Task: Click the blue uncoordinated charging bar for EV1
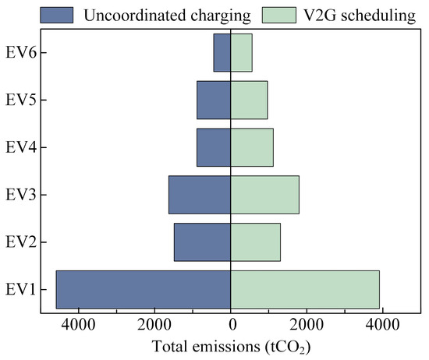tap(144, 289)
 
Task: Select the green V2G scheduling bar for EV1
tap(305, 289)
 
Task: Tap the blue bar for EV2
tap(202, 242)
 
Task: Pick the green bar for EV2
tap(255, 242)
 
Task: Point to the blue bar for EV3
tap(200, 195)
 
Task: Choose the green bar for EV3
tap(264, 195)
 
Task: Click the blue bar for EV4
tap(214, 147)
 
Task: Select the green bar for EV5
tap(249, 100)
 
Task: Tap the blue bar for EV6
tap(222, 53)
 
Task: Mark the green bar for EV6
tap(241, 53)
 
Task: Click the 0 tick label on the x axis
tap(231, 325)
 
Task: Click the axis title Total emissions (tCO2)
tap(231, 344)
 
